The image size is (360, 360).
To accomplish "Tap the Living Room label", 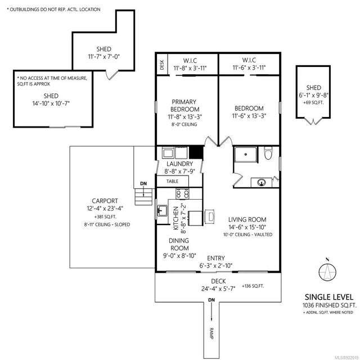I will [x=247, y=219].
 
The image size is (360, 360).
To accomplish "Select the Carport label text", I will [x=105, y=200].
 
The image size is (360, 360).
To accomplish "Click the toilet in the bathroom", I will [x=268, y=152].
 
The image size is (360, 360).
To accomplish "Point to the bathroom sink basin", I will [x=262, y=182].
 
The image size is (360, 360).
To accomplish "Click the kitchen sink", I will [x=162, y=211].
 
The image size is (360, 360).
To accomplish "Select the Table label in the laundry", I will [x=172, y=182].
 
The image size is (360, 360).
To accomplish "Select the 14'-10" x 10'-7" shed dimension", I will [x=51, y=103].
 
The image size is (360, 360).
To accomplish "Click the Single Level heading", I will [x=329, y=296].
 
